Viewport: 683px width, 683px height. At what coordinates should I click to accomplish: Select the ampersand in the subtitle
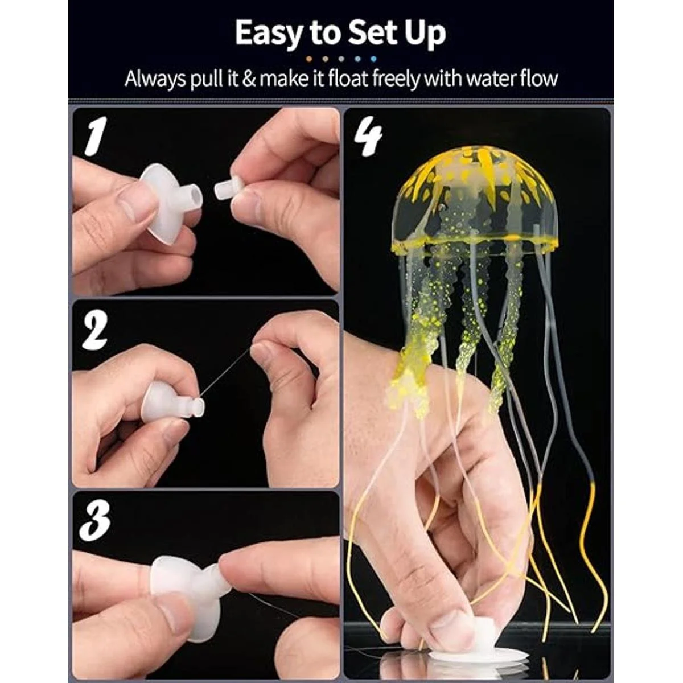click(249, 79)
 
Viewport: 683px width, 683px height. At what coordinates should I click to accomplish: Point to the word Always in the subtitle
click(155, 79)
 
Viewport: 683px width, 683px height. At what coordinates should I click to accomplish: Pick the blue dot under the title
click(372, 59)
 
